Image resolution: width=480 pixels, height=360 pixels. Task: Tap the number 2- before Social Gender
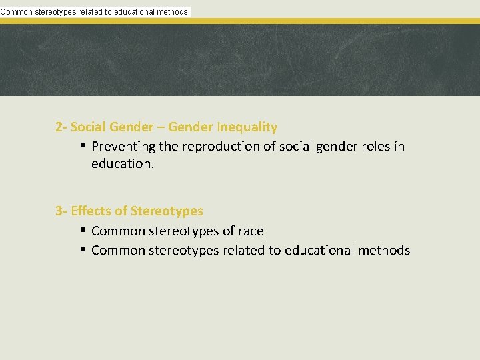(61, 127)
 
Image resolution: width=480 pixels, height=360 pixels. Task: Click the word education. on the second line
(123, 163)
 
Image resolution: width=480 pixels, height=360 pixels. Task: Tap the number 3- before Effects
(61, 211)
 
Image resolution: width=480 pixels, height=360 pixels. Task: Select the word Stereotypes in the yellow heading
(167, 211)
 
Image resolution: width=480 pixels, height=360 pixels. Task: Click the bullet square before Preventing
(82, 146)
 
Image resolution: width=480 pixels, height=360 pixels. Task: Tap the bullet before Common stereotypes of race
(82, 231)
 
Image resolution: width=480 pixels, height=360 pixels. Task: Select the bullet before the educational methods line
(82, 250)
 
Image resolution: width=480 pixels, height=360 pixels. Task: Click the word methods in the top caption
(171, 11)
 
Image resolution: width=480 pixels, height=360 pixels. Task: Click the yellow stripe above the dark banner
(333, 21)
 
